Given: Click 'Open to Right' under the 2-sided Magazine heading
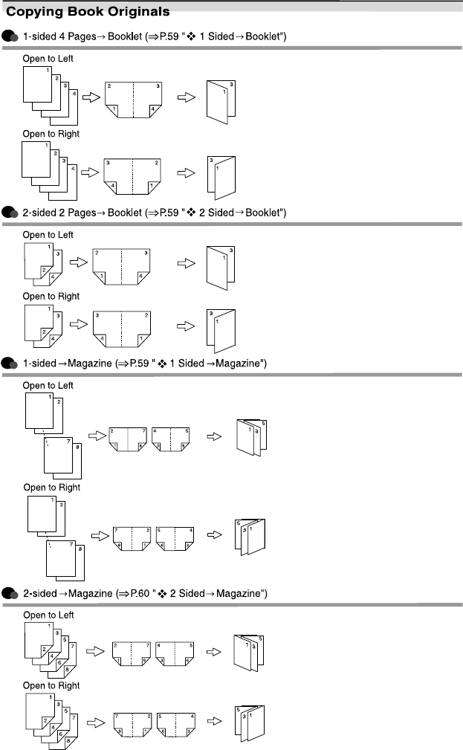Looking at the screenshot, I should [x=51, y=685].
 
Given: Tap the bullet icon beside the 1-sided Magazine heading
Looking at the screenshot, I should [x=10, y=363].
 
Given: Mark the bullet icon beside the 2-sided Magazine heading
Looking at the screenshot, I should [x=10, y=593].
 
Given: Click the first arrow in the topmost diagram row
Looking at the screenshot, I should [x=91, y=98].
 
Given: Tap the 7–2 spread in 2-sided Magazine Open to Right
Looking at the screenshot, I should [x=130, y=720].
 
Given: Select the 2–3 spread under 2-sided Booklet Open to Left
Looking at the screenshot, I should [x=121, y=264].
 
